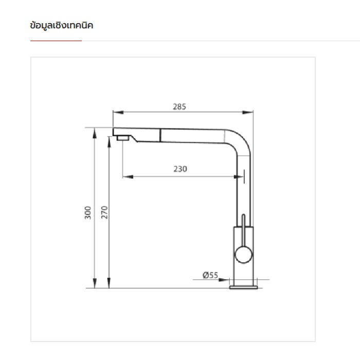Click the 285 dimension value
[179, 106]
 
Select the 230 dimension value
[180, 169]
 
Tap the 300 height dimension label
[88, 213]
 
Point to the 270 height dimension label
[104, 212]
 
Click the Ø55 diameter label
[210, 275]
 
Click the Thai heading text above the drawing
[62, 25]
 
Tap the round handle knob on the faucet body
[244, 255]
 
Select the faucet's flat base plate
[244, 287]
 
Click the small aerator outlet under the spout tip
[123, 138]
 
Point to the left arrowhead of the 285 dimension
[118, 112]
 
